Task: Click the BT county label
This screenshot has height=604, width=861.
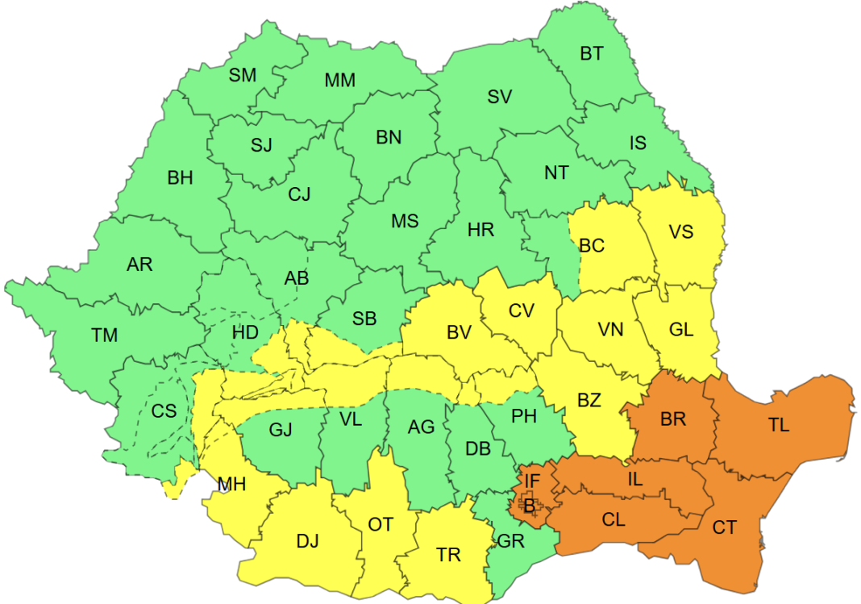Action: (591, 54)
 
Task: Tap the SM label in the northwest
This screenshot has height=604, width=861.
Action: (242, 75)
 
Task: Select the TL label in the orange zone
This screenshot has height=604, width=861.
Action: (778, 425)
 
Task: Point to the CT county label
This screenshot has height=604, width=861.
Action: (724, 527)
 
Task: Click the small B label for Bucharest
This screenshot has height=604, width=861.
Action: (529, 506)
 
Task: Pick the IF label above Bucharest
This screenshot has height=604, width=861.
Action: (531, 481)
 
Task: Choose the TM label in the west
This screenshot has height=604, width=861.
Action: (104, 335)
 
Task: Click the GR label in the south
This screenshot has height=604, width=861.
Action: (510, 541)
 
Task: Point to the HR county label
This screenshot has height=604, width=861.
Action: (480, 230)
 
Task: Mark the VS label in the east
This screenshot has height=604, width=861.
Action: (680, 231)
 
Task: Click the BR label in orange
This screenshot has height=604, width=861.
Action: (672, 419)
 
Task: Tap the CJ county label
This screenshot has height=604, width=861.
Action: (299, 194)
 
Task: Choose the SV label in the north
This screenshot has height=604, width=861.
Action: (499, 97)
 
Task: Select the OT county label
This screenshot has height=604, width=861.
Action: (381, 525)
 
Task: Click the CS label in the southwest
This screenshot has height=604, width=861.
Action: (164, 411)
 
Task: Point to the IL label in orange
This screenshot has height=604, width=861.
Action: (635, 479)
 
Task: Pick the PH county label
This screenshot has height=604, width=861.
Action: (524, 416)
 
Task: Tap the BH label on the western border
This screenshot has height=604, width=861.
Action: (180, 178)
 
